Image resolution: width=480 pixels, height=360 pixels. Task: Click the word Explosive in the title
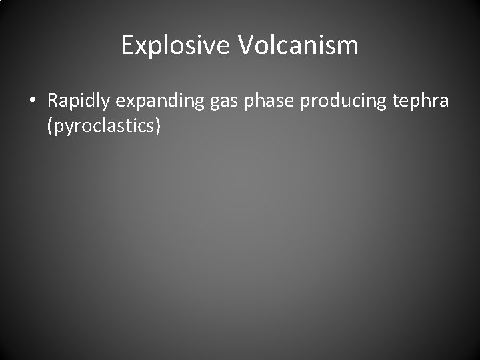point(175,46)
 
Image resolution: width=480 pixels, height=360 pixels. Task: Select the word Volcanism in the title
point(297,46)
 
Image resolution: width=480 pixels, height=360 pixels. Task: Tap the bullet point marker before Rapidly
point(33,102)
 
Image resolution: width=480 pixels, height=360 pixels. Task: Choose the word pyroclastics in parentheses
point(103,125)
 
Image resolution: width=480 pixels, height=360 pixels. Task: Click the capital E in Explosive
point(128,45)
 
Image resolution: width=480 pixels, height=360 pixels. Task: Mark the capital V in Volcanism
point(244,45)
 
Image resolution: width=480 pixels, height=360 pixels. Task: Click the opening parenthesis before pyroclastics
point(50,125)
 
